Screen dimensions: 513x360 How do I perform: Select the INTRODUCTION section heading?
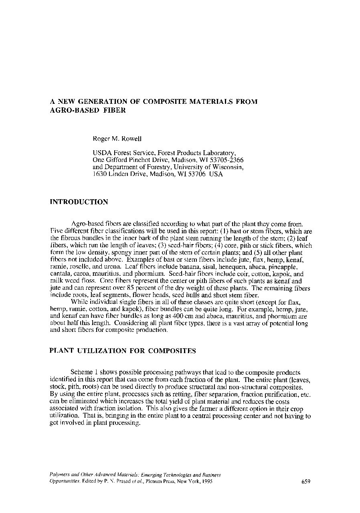point(79,202)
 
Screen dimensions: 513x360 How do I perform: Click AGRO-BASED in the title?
point(71,110)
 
